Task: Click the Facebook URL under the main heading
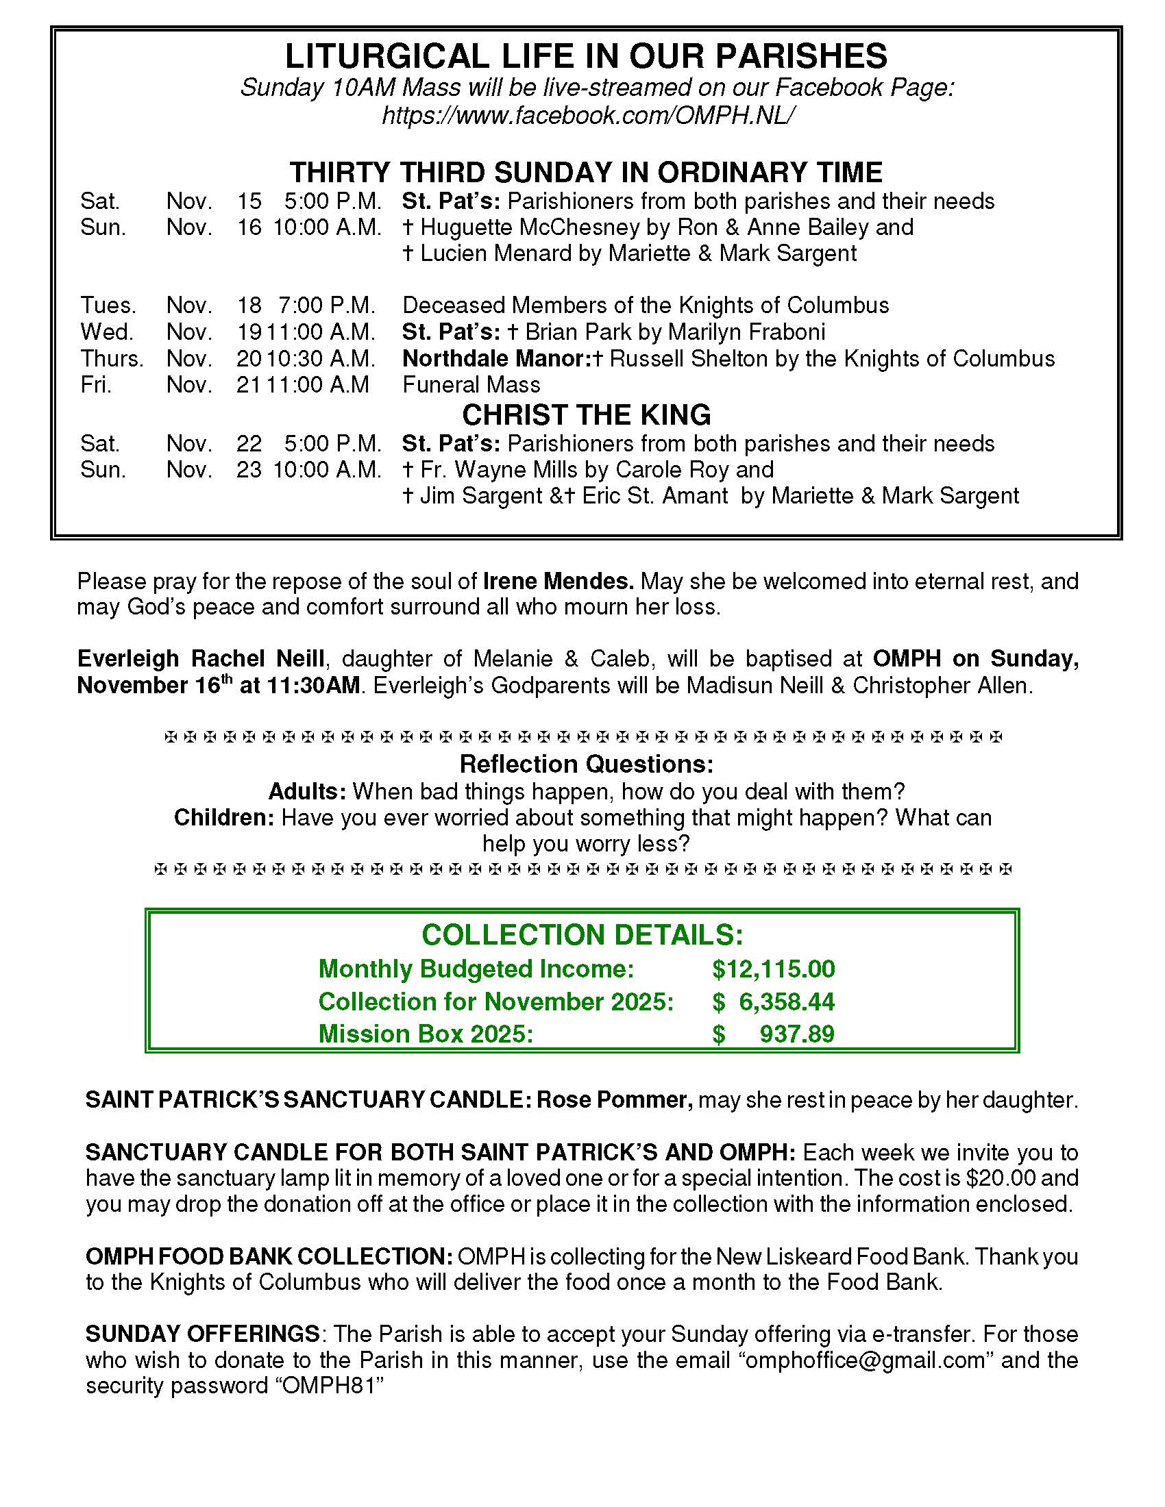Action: [x=585, y=115]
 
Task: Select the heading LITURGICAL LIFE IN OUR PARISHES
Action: [x=586, y=56]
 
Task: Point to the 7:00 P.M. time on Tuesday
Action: [x=326, y=305]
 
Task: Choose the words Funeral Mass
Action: [x=471, y=384]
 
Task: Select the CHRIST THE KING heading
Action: [x=586, y=414]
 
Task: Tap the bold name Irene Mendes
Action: [x=558, y=581]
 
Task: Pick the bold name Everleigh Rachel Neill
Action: [x=200, y=658]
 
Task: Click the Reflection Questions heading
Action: [x=586, y=764]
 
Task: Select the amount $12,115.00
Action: [x=774, y=969]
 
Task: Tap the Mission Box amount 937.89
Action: [x=797, y=1034]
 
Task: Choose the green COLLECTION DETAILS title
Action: [x=582, y=935]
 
